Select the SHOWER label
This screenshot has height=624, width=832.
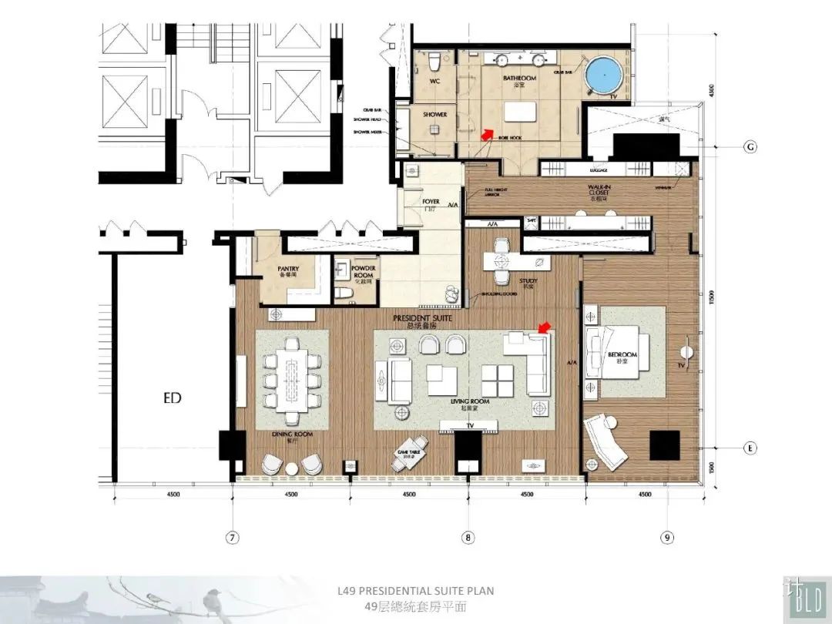434,115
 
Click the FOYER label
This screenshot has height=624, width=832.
431,202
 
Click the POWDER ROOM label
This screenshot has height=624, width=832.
364,271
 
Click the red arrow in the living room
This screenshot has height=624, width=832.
544,329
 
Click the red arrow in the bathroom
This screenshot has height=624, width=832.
486,134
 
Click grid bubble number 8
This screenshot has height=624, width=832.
468,538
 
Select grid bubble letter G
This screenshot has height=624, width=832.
750,147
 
